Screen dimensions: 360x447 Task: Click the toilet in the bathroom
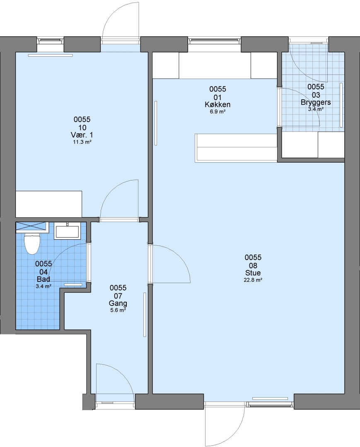pos(31,244)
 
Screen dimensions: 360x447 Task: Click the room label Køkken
pos(217,105)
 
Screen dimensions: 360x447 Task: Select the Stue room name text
pos(253,273)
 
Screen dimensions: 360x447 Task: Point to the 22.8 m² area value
pos(253,280)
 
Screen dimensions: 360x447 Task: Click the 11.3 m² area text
pos(82,142)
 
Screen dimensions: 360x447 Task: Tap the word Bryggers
pos(316,102)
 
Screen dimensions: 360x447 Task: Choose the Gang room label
pos(118,303)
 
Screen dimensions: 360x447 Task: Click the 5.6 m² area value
pos(118,310)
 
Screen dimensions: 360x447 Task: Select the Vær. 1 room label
pos(82,135)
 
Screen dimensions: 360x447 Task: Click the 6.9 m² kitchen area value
pos(217,111)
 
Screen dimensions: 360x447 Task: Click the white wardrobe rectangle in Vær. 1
pos(49,204)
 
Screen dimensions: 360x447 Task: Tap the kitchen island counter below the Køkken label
pos(236,148)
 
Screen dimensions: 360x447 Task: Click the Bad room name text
pos(43,279)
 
